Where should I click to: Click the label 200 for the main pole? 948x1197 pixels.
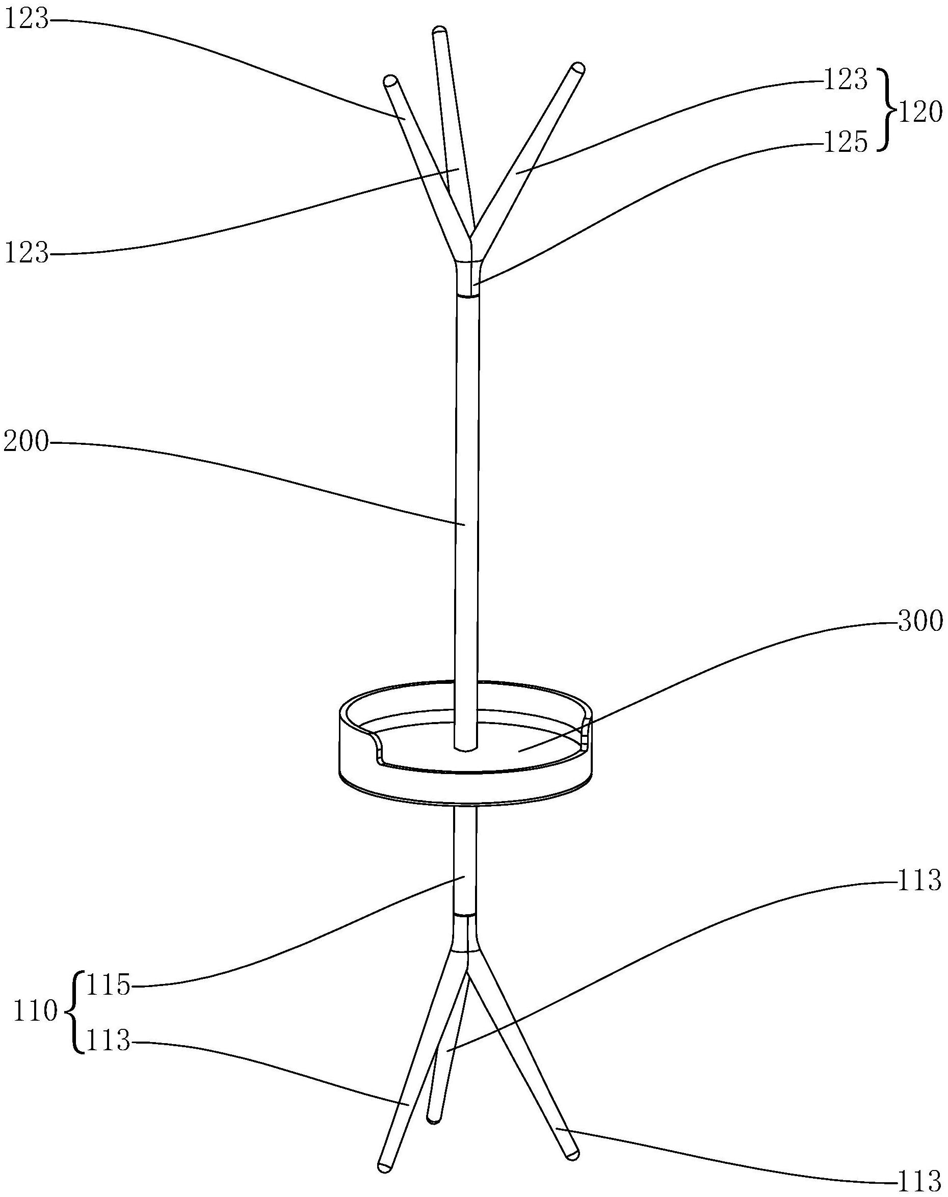[x=26, y=443]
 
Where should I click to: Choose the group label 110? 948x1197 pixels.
[x=36, y=1011]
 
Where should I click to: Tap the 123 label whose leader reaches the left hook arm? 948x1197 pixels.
[x=26, y=20]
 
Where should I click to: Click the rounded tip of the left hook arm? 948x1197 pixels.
[x=390, y=81]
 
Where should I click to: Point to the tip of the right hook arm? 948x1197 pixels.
[x=578, y=69]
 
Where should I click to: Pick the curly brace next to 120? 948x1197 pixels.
[x=885, y=110]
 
